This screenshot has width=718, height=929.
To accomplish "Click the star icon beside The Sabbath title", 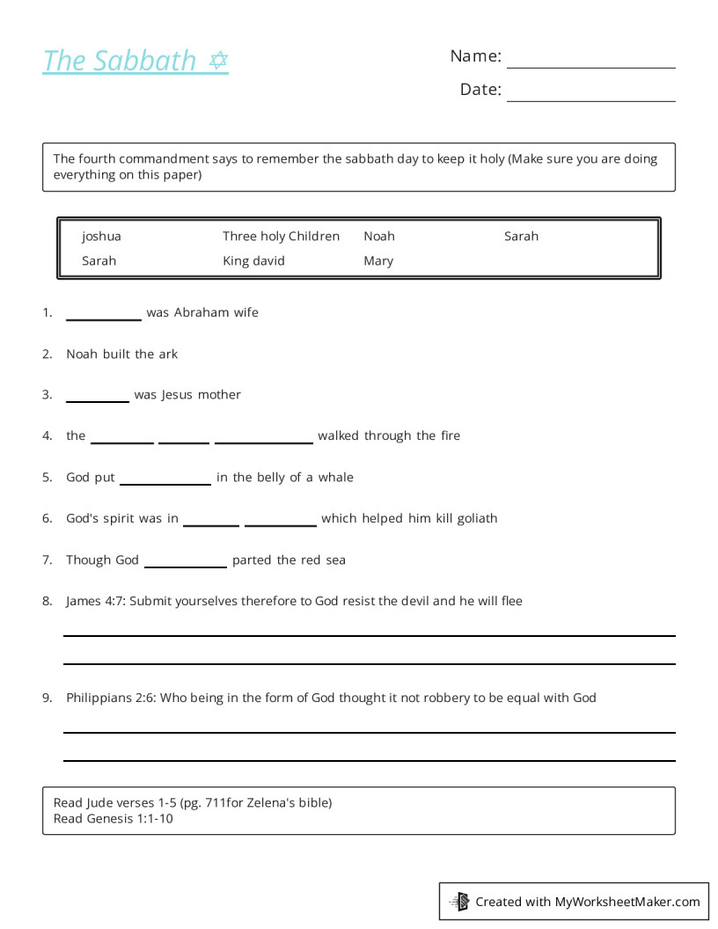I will [218, 61].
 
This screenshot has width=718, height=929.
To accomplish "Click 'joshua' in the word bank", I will [101, 236].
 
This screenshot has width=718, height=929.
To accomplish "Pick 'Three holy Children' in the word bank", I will [281, 236].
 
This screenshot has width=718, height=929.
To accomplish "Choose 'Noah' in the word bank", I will [379, 236].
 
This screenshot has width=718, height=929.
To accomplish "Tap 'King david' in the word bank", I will [253, 260].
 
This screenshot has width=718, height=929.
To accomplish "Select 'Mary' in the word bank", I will [378, 260].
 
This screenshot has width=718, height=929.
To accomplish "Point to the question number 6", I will [47, 518].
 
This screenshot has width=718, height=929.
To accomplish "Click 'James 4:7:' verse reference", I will [95, 601].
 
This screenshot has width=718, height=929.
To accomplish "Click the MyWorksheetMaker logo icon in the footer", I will [459, 901].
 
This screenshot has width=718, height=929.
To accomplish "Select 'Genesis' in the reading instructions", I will [111, 818].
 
